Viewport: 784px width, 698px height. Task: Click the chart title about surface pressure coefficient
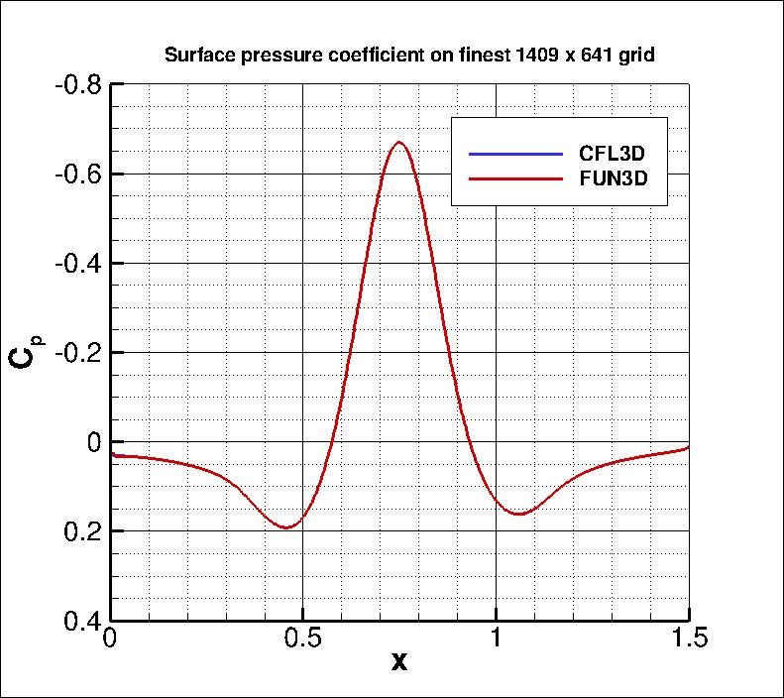408,56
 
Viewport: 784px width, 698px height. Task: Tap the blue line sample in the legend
514,154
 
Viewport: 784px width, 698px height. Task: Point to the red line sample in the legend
514,179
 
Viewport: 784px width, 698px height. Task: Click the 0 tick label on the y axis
91,442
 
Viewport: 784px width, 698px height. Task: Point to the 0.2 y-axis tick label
79,531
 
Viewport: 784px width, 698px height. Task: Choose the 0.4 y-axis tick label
79,621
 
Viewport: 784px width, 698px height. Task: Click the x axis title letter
398,661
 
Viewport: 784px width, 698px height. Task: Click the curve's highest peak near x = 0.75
398,142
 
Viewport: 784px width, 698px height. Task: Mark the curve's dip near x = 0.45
286,527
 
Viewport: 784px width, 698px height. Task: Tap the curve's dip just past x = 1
518,514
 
